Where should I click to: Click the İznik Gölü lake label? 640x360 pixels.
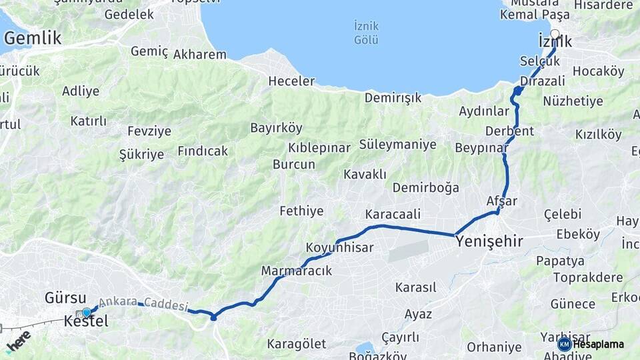pyautogui.click(x=366, y=33)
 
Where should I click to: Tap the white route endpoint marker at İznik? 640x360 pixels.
pyautogui.click(x=555, y=34)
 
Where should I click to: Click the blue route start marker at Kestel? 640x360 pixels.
pyautogui.click(x=86, y=312)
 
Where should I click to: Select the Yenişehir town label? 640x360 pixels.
pyautogui.click(x=489, y=241)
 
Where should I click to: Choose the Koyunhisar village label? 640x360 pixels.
pyautogui.click(x=339, y=248)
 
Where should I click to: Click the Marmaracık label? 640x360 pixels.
pyautogui.click(x=296, y=271)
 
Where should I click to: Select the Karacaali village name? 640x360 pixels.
pyautogui.click(x=393, y=215)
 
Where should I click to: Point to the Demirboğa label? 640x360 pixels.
pyautogui.click(x=425, y=187)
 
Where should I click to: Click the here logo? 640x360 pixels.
pyautogui.click(x=18, y=341)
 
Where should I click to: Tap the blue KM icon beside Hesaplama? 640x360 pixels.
pyautogui.click(x=564, y=344)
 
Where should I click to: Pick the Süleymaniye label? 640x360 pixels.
pyautogui.click(x=397, y=145)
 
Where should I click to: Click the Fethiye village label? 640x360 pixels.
pyautogui.click(x=301, y=211)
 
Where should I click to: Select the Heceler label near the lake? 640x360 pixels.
pyautogui.click(x=291, y=81)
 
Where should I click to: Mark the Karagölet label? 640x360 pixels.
pyautogui.click(x=297, y=344)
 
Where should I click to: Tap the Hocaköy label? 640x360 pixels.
pyautogui.click(x=598, y=71)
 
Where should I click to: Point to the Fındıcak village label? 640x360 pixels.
pyautogui.click(x=203, y=151)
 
